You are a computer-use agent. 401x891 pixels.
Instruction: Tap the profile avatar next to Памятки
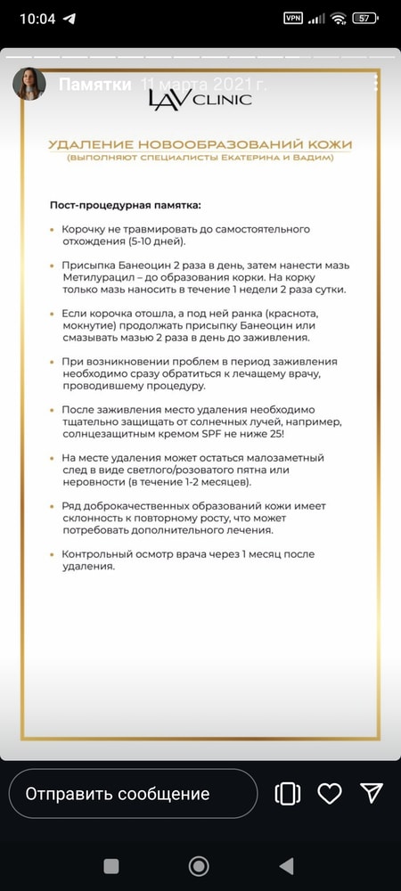point(29,84)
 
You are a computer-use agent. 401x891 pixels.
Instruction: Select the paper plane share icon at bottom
point(371,793)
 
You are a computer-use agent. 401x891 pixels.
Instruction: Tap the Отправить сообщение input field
point(133,793)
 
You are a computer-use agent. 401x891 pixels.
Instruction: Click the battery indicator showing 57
point(363,18)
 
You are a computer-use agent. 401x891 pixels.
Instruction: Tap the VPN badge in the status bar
point(293,18)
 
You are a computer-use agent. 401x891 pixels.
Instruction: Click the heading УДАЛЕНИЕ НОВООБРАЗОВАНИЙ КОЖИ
point(200,144)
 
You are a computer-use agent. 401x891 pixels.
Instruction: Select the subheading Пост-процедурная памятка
point(125,205)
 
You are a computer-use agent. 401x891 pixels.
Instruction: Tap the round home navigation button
point(199,865)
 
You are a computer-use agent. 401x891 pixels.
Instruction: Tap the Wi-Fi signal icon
point(338,18)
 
